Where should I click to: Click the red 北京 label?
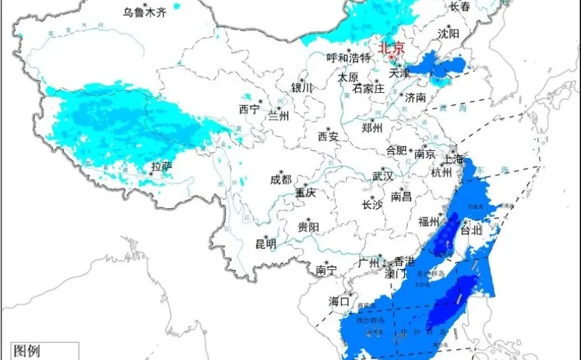click(x=392, y=48)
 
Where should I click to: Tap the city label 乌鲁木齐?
click(x=147, y=11)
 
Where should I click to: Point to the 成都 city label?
click(x=280, y=179)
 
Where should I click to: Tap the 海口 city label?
click(x=339, y=301)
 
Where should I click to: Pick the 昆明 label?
click(x=266, y=244)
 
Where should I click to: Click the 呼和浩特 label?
click(x=349, y=58)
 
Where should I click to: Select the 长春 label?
click(x=459, y=6)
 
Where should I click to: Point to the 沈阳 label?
click(x=449, y=34)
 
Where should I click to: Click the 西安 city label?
click(x=328, y=136)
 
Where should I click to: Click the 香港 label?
click(x=404, y=261)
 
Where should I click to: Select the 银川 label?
click(x=302, y=88)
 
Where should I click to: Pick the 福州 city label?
click(x=428, y=222)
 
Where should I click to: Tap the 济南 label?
click(x=415, y=98)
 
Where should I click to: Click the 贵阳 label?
click(x=308, y=226)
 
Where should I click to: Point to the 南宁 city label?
click(x=327, y=269)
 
